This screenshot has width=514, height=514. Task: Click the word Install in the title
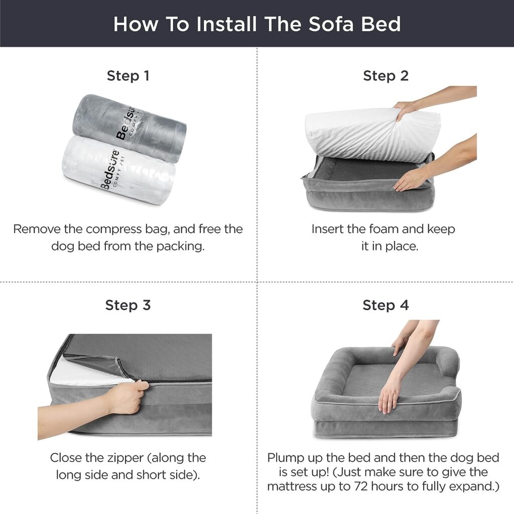pos(226,24)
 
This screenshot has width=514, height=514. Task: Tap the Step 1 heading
pos(128,76)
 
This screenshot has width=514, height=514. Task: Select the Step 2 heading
pos(385,76)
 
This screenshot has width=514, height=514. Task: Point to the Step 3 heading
pos(128,305)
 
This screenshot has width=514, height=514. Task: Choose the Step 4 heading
pos(385,305)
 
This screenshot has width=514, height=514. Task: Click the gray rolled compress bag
pos(130,128)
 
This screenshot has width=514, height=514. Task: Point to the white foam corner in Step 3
pos(88,372)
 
